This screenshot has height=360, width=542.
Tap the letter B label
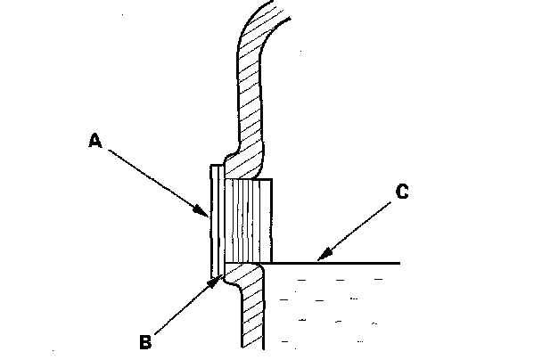145,339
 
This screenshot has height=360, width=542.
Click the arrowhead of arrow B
218,279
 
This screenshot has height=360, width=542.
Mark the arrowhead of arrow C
319,260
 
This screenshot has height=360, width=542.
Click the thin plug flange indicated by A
214,218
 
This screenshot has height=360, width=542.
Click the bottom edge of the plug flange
214,274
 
